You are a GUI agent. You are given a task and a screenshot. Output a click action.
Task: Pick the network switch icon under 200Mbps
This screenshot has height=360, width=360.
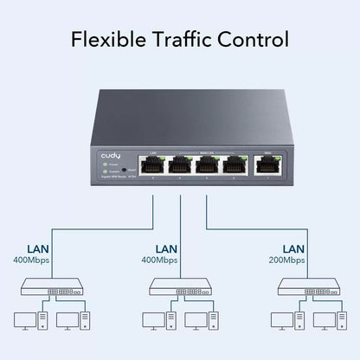pos(304,288)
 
